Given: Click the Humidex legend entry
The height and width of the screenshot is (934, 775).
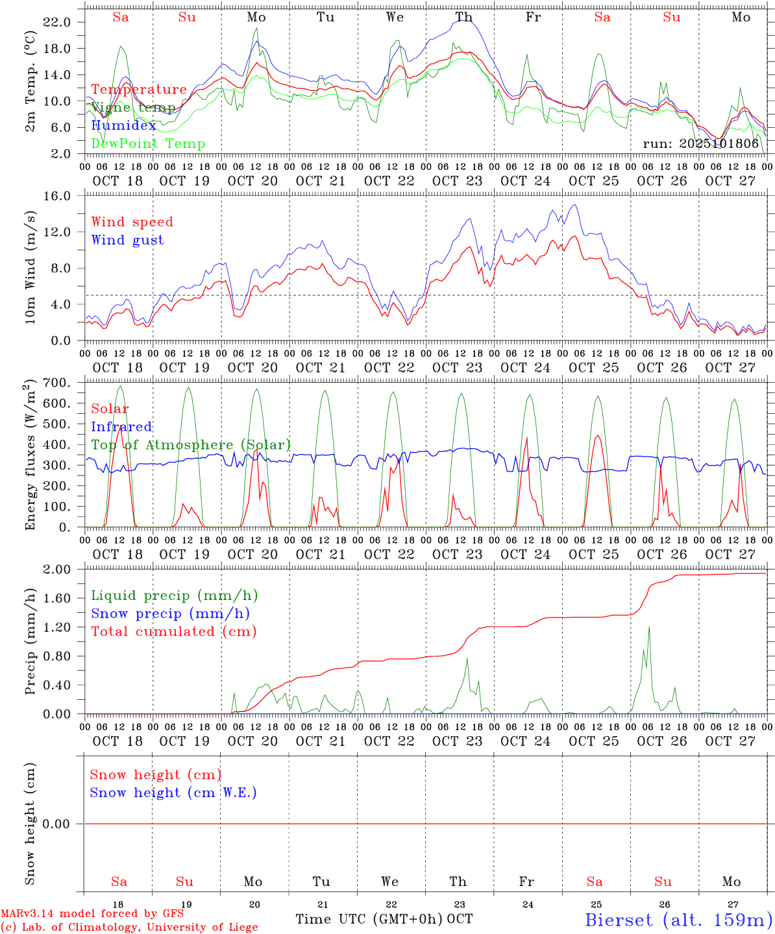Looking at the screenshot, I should pyautogui.click(x=123, y=125).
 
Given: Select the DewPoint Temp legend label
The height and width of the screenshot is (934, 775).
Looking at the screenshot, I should pyautogui.click(x=148, y=143).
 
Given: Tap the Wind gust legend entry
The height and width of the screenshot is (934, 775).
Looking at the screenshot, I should pyautogui.click(x=127, y=240).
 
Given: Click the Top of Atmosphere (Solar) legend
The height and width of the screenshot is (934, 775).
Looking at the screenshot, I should pyautogui.click(x=191, y=445).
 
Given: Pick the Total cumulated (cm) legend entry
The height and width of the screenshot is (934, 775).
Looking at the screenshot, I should pyautogui.click(x=173, y=631).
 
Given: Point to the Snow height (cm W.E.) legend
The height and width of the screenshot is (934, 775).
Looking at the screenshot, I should pyautogui.click(x=173, y=793).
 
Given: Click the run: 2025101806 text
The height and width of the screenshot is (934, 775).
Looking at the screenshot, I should pyautogui.click(x=700, y=143).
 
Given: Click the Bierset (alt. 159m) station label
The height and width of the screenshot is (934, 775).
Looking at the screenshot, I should pyautogui.click(x=678, y=919).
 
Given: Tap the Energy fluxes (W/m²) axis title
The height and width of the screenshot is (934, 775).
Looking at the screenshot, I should pyautogui.click(x=31, y=455).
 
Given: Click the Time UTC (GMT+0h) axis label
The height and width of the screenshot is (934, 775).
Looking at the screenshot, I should pyautogui.click(x=369, y=919).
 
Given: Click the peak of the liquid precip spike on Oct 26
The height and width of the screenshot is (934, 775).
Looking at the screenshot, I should pyautogui.click(x=648, y=627).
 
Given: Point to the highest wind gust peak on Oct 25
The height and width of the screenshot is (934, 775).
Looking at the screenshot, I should pyautogui.click(x=574, y=205).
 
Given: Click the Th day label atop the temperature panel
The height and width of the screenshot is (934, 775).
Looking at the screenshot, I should pyautogui.click(x=463, y=18).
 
